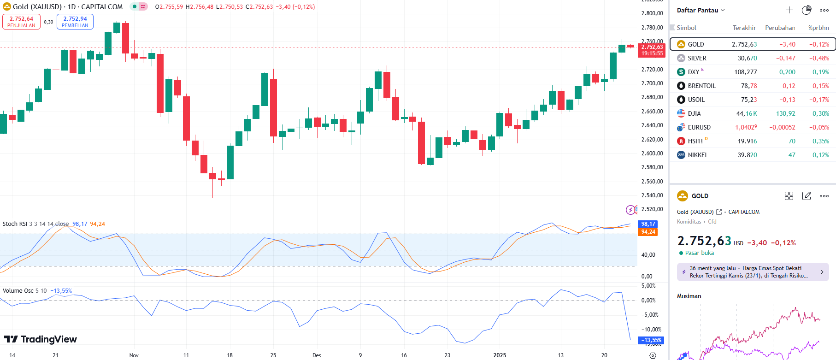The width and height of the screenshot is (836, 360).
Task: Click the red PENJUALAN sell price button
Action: click(21, 22)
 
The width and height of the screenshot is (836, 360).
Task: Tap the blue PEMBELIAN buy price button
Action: click(75, 22)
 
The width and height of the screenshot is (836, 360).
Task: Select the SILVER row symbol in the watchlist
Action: click(697, 58)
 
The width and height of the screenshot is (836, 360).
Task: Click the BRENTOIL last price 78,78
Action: click(748, 86)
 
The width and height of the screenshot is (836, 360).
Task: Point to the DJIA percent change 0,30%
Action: click(820, 113)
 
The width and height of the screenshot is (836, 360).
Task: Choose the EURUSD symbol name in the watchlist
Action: click(699, 127)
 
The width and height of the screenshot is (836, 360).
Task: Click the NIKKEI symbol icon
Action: click(681, 155)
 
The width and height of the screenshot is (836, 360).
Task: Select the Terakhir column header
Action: click(744, 28)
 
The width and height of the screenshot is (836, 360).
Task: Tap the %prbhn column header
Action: click(818, 28)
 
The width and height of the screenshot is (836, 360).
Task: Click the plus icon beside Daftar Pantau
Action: click(789, 10)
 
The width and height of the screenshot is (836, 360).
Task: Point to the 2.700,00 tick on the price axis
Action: click(652, 83)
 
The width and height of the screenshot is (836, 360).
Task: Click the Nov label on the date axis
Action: click(134, 355)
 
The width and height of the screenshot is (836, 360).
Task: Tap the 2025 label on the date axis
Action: click(500, 355)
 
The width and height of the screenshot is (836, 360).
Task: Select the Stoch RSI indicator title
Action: click(15, 224)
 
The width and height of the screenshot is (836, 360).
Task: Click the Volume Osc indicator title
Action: click(18, 291)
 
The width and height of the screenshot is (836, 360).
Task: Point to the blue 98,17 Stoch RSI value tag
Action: click(648, 224)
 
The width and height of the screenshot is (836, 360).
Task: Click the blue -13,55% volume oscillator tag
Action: click(651, 340)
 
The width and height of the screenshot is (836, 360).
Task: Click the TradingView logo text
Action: click(48, 339)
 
